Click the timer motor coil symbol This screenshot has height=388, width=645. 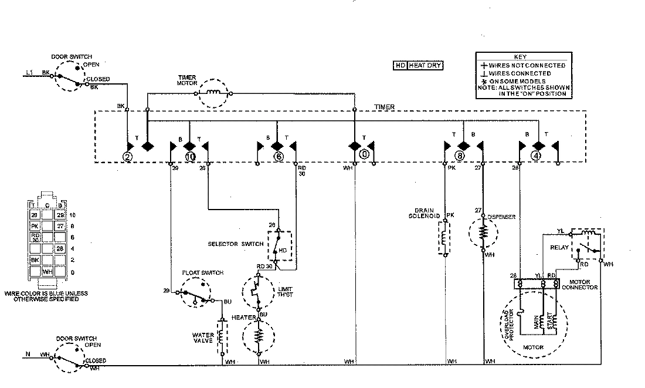[x=215, y=93]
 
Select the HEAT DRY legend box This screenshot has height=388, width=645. [x=418, y=66]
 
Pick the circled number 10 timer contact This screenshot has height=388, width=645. [x=189, y=156]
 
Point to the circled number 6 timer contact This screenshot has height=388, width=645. [x=279, y=156]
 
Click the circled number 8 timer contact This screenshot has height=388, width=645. [x=460, y=156]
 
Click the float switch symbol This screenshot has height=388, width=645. [x=195, y=294]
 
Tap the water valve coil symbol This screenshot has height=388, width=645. [x=222, y=338]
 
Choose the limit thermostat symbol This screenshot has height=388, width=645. [x=257, y=291]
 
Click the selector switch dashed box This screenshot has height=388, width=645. [x=280, y=245]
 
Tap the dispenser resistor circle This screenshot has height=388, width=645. [x=483, y=233]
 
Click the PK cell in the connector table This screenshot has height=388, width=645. [x=35, y=225]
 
